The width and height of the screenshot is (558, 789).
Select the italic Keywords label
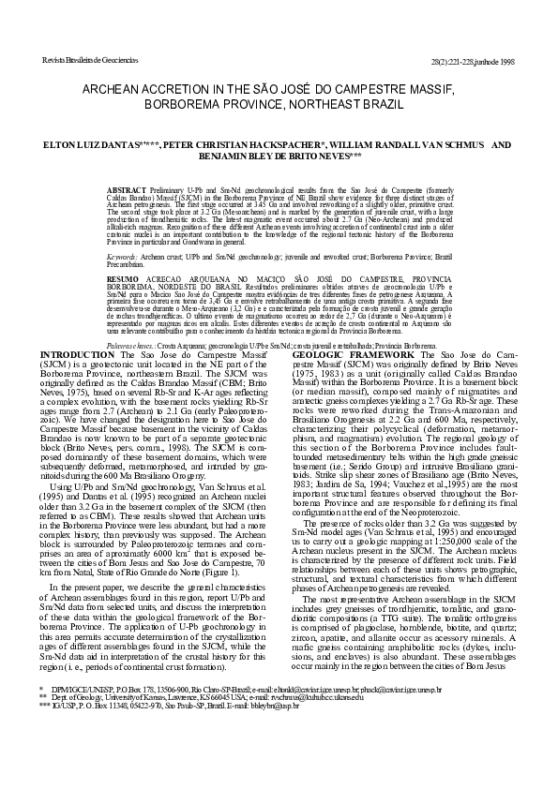tap(123, 254)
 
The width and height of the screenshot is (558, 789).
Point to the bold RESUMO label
tap(124, 279)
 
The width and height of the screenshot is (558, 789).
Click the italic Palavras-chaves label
tap(129, 345)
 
